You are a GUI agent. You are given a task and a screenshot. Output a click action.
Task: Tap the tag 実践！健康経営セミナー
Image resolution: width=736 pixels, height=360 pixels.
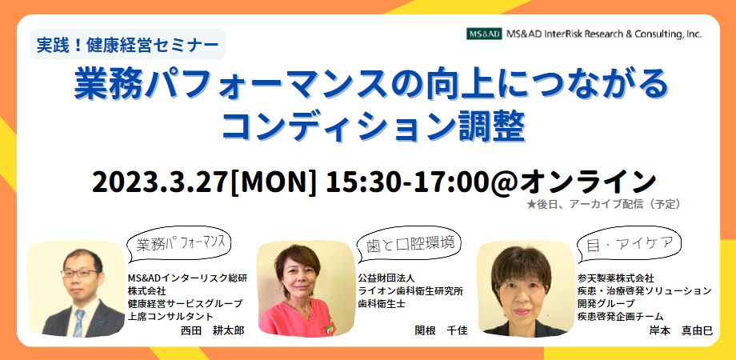coord(128,45)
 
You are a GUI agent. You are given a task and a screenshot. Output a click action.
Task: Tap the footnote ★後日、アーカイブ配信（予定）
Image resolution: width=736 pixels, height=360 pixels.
coord(604,204)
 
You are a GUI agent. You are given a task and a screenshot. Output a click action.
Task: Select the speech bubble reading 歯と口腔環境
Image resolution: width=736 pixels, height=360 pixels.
coord(410,244)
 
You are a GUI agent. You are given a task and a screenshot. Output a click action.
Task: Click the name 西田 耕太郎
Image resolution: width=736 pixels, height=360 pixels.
coord(213,330)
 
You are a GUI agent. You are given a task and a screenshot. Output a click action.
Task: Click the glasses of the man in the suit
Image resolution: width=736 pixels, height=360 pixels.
coord(81,273)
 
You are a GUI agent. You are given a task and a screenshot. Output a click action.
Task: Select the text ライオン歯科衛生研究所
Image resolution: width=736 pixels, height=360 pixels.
coord(410,291)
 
